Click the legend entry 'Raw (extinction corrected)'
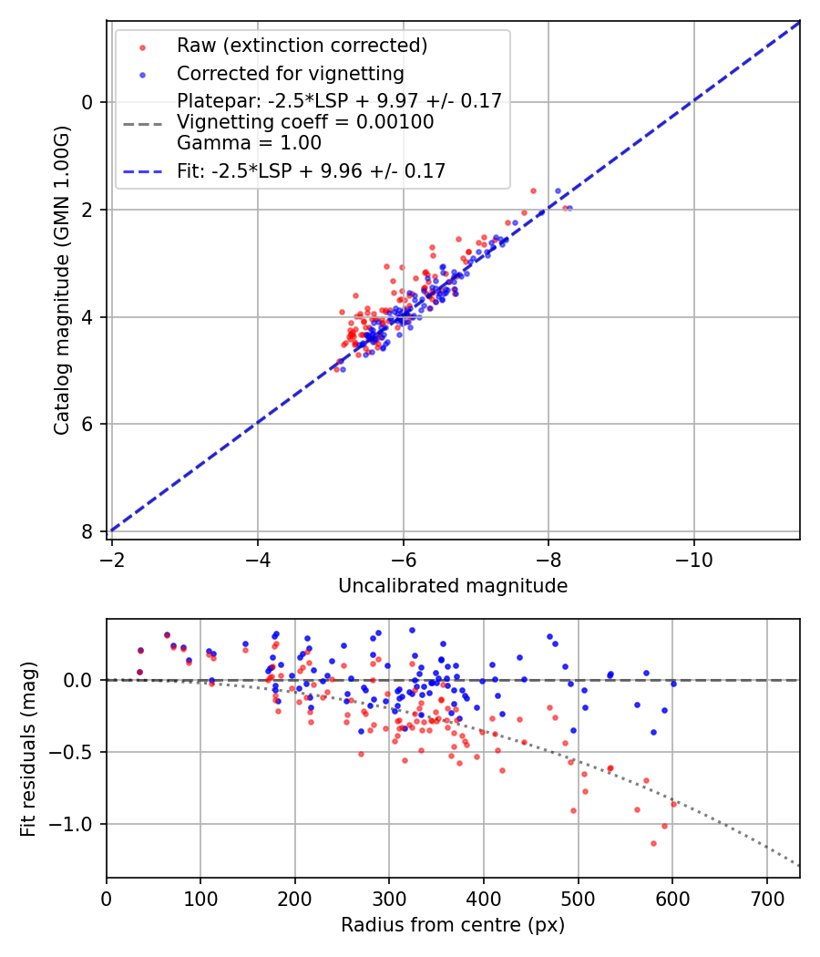pyautogui.click(x=302, y=46)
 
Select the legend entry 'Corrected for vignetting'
pyautogui.click(x=291, y=73)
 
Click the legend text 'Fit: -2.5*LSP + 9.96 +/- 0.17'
pyautogui.click(x=311, y=170)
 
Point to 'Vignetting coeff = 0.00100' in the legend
pyautogui.click(x=305, y=122)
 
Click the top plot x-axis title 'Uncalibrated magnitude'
pyautogui.click(x=453, y=586)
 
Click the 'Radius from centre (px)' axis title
pyautogui.click(x=453, y=925)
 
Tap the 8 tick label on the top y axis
pyautogui.click(x=88, y=531)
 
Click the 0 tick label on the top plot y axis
pyautogui.click(x=88, y=102)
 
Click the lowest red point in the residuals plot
pyautogui.click(x=653, y=843)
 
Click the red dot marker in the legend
pyautogui.click(x=141, y=46)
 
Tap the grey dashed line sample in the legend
pyautogui.click(x=141, y=123)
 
